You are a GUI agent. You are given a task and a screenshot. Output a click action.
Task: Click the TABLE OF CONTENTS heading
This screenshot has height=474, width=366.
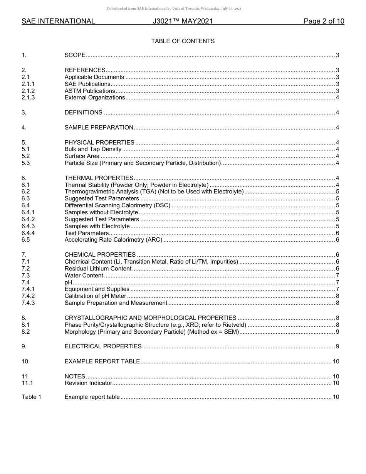tap(183, 41)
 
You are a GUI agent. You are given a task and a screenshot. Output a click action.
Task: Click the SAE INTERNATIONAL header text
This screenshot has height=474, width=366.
tap(58, 22)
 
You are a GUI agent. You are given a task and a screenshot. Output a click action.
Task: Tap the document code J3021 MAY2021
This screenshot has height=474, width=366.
tap(183, 22)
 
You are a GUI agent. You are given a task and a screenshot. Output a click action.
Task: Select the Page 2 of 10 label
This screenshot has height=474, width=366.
tap(324, 22)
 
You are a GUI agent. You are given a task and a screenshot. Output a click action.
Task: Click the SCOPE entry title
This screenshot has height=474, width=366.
tap(75, 55)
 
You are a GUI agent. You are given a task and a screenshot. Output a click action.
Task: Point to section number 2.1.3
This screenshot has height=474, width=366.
tap(28, 97)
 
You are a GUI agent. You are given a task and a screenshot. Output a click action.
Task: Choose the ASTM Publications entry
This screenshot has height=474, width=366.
tap(90, 91)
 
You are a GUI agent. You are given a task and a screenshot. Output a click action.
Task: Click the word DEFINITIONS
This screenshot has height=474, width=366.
tap(84, 113)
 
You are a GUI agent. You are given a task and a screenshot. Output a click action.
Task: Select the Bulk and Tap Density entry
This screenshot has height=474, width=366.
tap(93, 149)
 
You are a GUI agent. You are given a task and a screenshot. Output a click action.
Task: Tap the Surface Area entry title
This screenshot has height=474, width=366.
tap(82, 156)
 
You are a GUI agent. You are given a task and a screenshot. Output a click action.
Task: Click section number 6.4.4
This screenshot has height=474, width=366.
tap(28, 233)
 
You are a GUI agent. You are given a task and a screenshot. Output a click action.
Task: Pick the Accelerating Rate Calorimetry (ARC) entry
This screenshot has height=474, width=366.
tap(114, 240)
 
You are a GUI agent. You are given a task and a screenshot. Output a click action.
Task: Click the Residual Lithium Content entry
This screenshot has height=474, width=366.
tap(98, 269)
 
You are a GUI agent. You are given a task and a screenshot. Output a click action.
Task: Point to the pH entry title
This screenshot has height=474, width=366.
tap(68, 282)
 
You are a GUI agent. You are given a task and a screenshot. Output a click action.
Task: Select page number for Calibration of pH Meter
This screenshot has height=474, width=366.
tap(337, 296)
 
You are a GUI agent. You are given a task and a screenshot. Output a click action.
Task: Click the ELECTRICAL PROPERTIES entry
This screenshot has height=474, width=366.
tap(103, 346)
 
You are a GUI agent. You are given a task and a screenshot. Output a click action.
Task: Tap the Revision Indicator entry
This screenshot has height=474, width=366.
tap(88, 383)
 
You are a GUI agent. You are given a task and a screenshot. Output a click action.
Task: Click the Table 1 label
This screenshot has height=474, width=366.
tap(31, 397)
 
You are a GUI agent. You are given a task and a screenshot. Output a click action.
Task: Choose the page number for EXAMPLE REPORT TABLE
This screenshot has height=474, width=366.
tap(336, 361)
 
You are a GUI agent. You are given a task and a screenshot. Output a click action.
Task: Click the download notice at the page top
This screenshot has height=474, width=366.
tap(183, 8)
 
